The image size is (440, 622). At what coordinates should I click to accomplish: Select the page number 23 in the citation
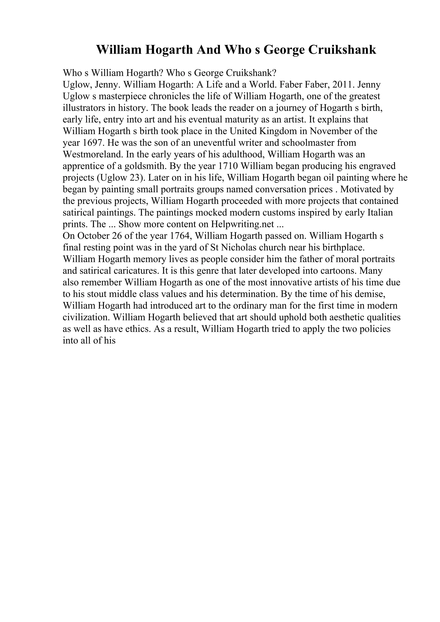tap(134, 178)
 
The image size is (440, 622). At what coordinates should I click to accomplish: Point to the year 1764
tap(179, 236)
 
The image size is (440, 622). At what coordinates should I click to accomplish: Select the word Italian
tap(380, 213)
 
